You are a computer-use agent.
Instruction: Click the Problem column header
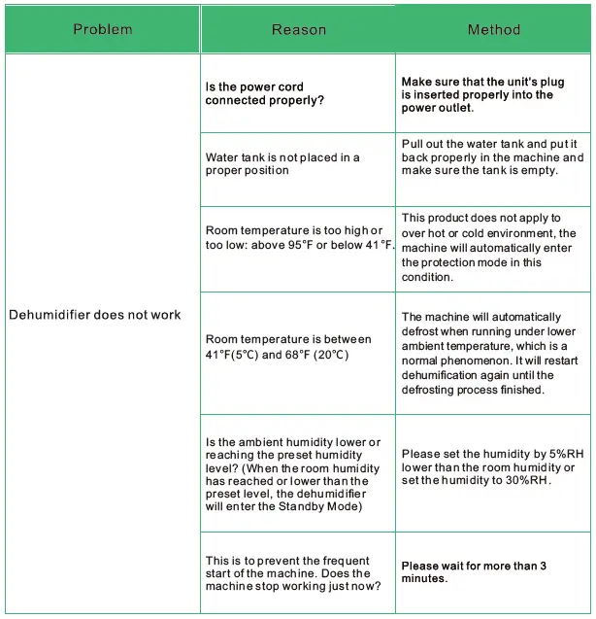coord(102,29)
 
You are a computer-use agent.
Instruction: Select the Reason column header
coord(298,29)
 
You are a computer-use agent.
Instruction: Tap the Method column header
coord(493,29)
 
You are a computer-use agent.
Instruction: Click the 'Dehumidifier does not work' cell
coord(94,315)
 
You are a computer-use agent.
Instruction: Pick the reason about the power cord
coord(264,93)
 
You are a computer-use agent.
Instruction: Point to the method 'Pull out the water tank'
coord(492,156)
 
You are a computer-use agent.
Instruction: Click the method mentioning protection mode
coord(488,247)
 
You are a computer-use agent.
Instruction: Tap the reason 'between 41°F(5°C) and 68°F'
coord(288,347)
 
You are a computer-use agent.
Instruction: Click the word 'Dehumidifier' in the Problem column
coord(49,315)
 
